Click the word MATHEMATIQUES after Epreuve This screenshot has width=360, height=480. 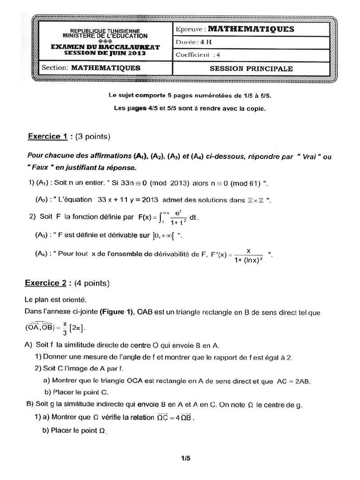tap(251, 29)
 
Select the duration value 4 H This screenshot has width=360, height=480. tap(205, 42)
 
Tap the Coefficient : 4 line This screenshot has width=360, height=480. tap(198, 54)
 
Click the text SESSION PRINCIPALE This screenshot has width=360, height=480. tap(251, 68)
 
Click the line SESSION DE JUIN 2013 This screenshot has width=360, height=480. tap(105, 53)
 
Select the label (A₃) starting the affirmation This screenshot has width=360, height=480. tap(44, 234)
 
